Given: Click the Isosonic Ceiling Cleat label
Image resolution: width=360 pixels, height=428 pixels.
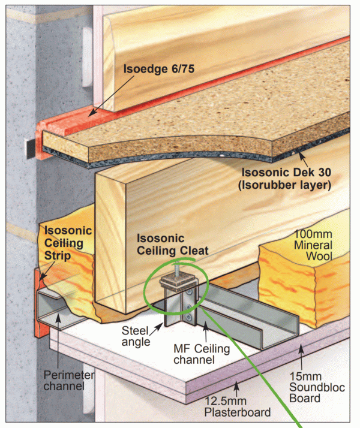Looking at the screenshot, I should click(x=172, y=244).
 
